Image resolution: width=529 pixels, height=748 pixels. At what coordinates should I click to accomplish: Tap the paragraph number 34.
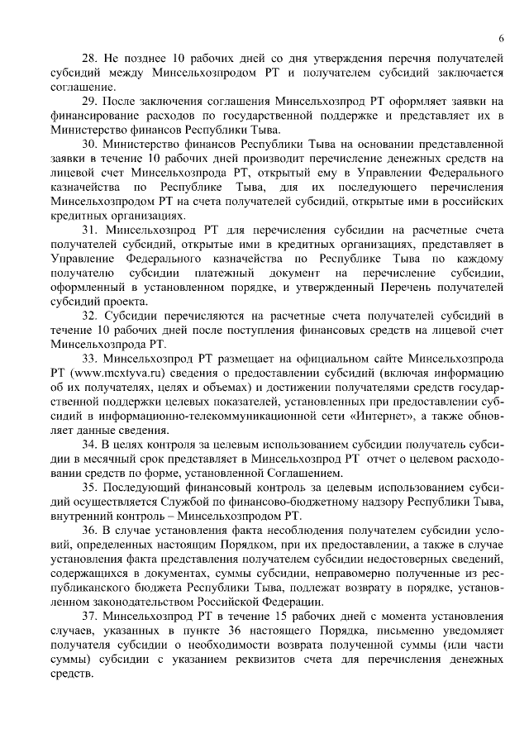[88, 445]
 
